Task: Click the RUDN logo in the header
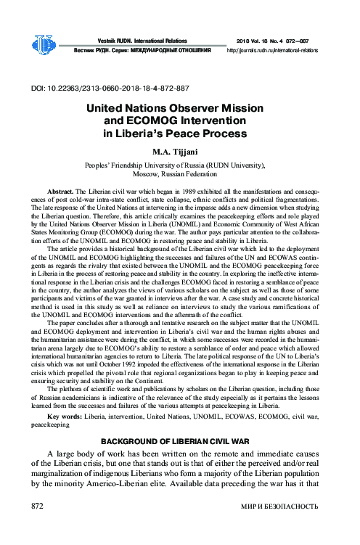click(x=45, y=45)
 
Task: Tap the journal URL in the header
click(x=272, y=52)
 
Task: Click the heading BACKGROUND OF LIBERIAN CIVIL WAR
click(x=179, y=441)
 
